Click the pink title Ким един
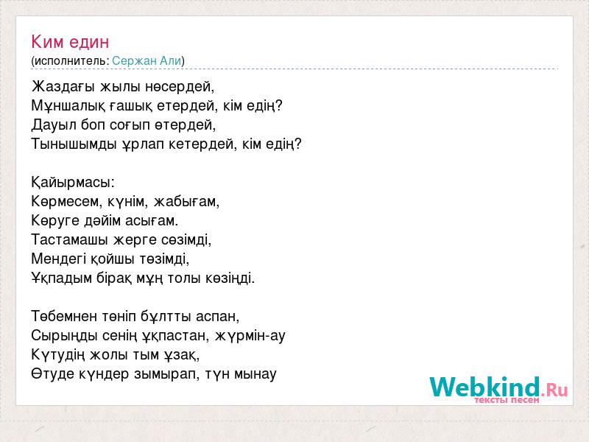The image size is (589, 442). coord(70,42)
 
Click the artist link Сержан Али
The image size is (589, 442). coord(147,60)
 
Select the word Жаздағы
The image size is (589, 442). coord(63,87)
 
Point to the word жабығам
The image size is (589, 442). coord(186,202)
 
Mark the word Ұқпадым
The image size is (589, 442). coord(62,278)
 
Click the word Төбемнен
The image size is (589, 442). coord(64,316)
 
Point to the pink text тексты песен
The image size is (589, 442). coord(507,400)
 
